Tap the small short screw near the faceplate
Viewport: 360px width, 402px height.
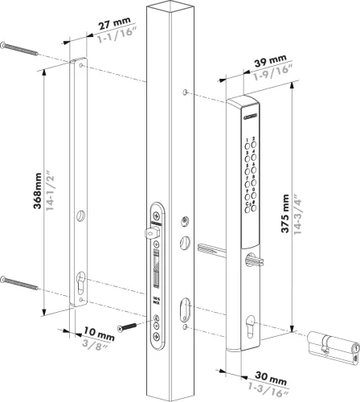[x=127, y=326]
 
